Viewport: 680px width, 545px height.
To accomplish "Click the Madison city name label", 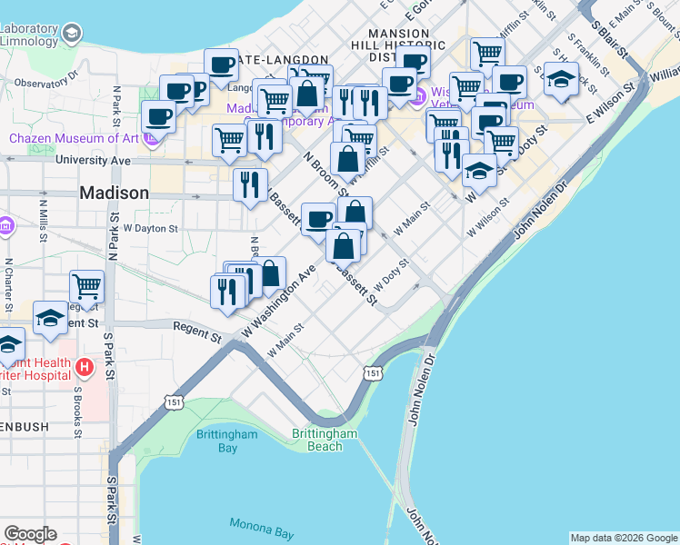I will click(114, 193).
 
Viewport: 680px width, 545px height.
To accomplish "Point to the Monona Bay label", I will click(258, 524).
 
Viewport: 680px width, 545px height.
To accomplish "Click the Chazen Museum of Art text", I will click(75, 138).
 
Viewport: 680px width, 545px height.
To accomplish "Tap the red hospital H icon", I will click(84, 368).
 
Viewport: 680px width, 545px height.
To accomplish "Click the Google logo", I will click(30, 534).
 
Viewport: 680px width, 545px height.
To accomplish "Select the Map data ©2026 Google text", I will click(624, 538).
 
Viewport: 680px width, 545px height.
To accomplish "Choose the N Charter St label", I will click(8, 282).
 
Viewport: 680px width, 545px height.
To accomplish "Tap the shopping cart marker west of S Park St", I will click(87, 286).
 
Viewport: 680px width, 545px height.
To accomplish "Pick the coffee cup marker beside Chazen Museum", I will click(159, 116).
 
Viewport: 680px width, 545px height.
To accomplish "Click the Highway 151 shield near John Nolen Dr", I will click(372, 372).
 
